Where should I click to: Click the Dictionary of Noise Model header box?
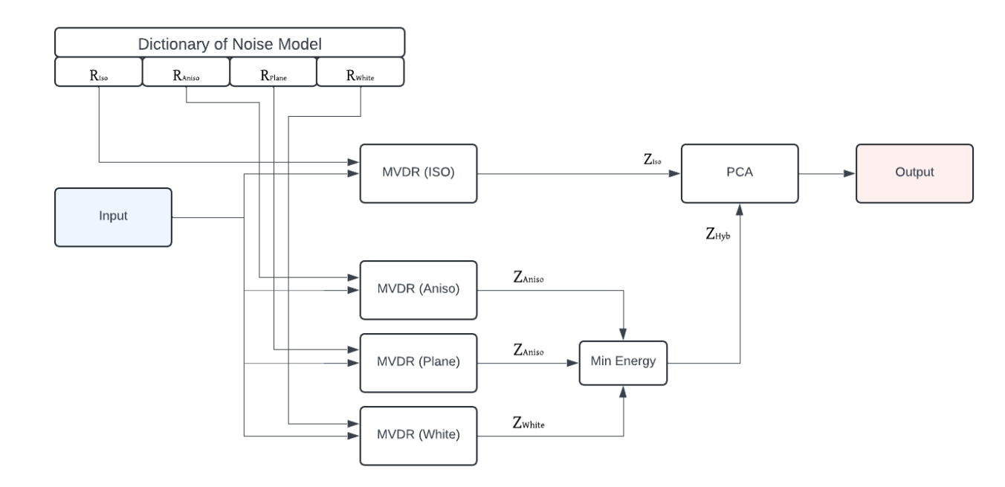coord(230,42)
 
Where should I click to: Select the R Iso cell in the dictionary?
coord(98,72)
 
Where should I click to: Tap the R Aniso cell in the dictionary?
coord(186,72)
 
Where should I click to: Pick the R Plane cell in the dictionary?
coord(273,72)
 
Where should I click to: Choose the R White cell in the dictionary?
coord(361,72)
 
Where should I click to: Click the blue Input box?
coord(114,217)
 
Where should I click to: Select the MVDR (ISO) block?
coord(418,173)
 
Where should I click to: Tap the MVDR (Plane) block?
coord(418,363)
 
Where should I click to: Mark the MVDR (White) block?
coord(418,436)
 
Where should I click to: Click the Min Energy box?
coord(624,364)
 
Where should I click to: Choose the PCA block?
coord(740,173)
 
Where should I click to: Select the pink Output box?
coord(914,173)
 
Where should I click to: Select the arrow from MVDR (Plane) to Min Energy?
coord(528,364)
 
